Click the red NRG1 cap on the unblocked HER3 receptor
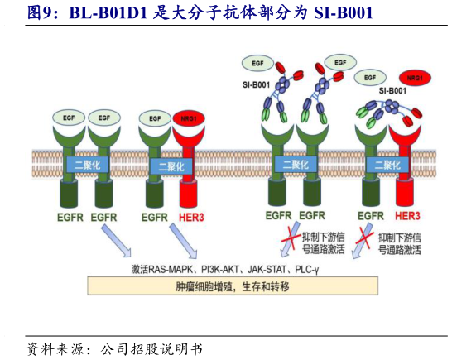(187, 118)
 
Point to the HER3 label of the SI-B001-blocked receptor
(409, 218)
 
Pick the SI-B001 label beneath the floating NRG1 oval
(392, 90)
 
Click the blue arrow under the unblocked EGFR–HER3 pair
(180, 242)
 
